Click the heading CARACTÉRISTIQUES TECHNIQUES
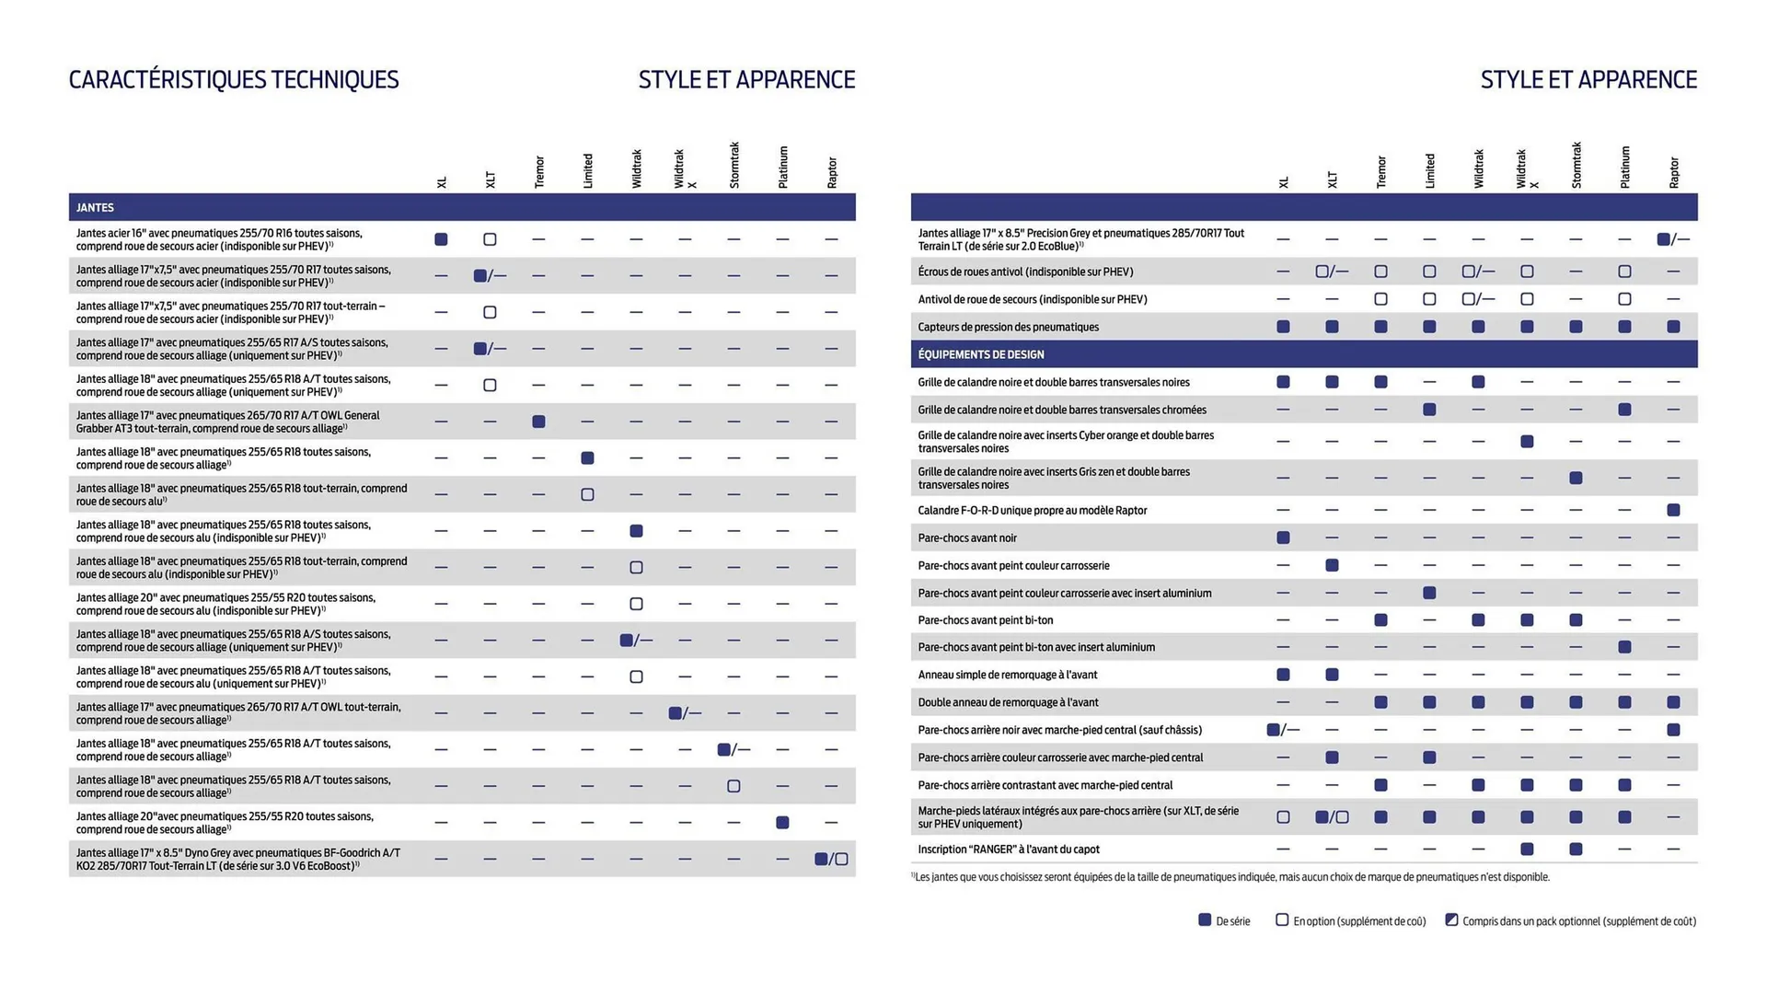(x=234, y=80)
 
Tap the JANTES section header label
(x=95, y=208)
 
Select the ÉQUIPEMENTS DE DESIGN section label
(x=980, y=354)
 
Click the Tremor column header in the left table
(x=539, y=172)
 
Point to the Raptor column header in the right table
(x=1673, y=172)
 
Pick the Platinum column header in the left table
(x=783, y=168)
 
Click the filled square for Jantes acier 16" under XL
(x=441, y=239)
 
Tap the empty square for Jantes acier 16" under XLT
(x=490, y=239)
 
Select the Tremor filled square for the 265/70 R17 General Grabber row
(x=538, y=422)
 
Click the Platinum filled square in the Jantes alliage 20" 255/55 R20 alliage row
(x=782, y=823)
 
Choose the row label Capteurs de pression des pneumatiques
(x=1008, y=327)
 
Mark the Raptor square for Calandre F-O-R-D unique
(x=1673, y=510)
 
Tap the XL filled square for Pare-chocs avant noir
(x=1283, y=537)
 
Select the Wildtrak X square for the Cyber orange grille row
(x=1527, y=442)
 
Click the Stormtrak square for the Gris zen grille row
(x=1576, y=478)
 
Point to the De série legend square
(x=1205, y=920)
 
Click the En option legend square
(x=1282, y=920)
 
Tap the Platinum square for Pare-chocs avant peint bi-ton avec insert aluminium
(x=1624, y=647)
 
